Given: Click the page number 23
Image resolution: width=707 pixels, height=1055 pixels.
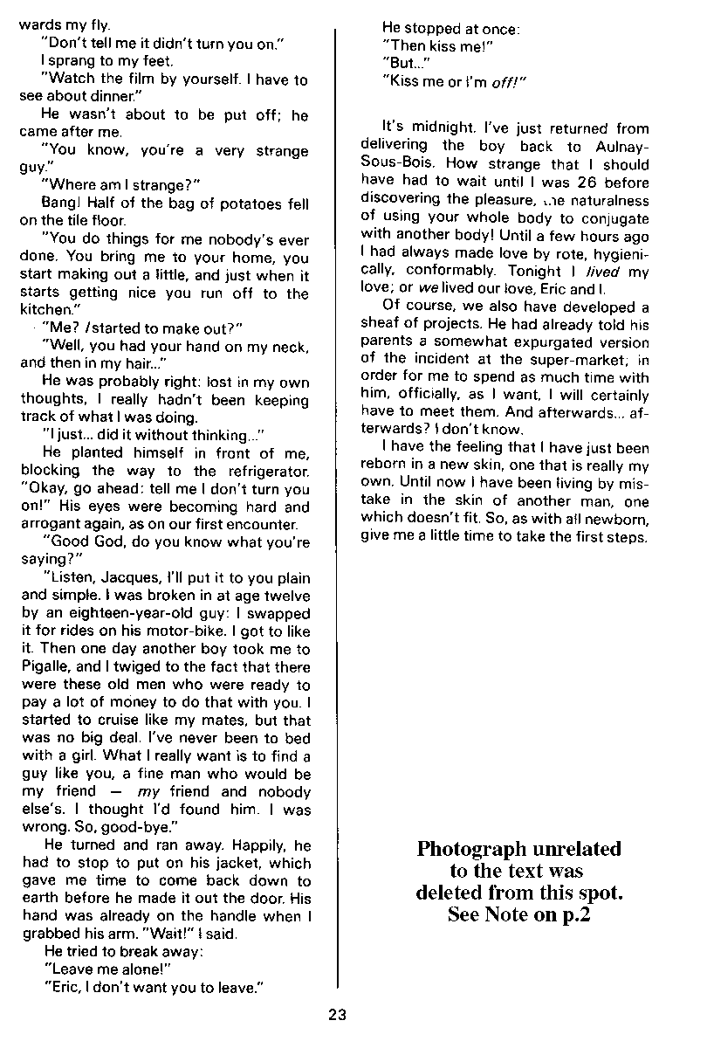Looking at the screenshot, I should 338,1015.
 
